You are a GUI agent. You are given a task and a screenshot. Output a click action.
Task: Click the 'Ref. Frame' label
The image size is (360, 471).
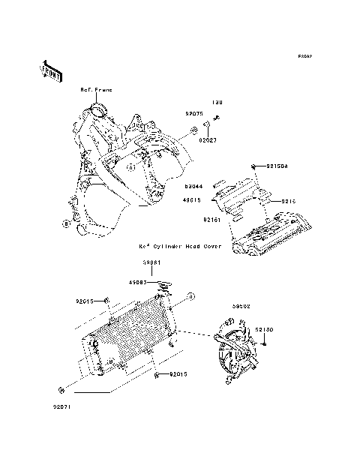[x=97, y=90]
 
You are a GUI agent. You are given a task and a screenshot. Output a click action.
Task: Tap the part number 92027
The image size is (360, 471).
[x=208, y=139]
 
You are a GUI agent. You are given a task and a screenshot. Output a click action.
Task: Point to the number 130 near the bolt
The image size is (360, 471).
[x=216, y=103]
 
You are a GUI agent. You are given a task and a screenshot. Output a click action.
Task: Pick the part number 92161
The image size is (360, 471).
[x=211, y=220]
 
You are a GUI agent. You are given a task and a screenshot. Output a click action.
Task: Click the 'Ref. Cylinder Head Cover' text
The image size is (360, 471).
[x=179, y=245]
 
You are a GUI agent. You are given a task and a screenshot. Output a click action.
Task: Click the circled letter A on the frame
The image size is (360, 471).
[x=130, y=168]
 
